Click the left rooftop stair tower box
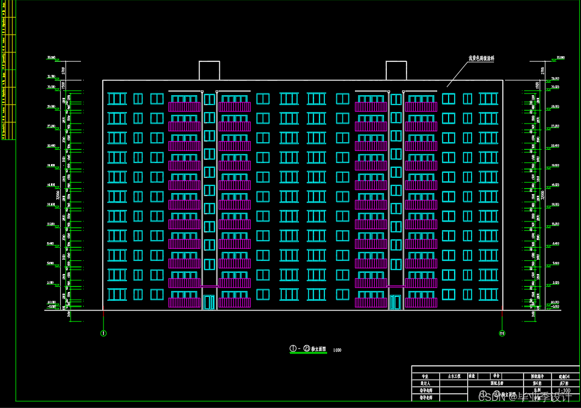point(209,71)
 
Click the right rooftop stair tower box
point(396,71)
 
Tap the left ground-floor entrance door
point(209,302)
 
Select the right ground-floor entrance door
point(396,302)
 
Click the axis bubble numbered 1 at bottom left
point(103,333)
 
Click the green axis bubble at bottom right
point(502,333)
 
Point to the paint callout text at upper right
point(481,57)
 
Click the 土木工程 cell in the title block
point(454,376)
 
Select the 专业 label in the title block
point(425,376)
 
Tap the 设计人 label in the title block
point(425,384)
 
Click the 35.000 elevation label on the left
point(52,58)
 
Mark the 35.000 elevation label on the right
point(560,58)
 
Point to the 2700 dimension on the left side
point(63,70)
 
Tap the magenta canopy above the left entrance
point(209,286)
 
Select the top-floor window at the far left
point(117,98)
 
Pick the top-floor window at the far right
point(488,98)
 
